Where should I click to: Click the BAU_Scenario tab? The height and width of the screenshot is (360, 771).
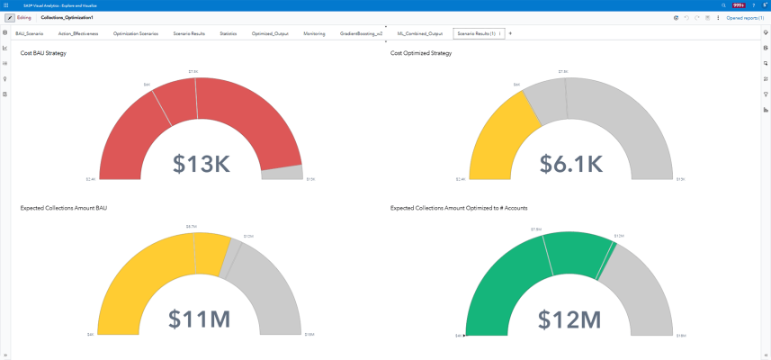pos(29,33)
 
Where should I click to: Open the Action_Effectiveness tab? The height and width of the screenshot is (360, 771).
pos(78,33)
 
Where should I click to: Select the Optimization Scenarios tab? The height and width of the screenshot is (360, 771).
pos(136,33)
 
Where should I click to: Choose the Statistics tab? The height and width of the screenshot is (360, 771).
pos(228,33)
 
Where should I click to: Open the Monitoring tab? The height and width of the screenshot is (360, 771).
pos(314,33)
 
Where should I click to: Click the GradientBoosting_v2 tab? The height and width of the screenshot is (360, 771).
pos(361,33)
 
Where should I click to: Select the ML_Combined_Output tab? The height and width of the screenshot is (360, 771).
pos(420,33)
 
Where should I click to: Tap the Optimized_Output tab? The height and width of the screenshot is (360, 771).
pos(270,33)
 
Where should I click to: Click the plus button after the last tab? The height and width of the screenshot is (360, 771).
pos(511,33)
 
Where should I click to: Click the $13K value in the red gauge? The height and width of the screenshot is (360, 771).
pos(202,163)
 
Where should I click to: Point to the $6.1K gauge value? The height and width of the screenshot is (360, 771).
pos(570,163)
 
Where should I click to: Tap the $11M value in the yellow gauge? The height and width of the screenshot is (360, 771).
pos(200,319)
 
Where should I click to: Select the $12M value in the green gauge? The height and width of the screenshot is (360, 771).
pos(569,319)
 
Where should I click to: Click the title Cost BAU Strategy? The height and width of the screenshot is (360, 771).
pos(43,53)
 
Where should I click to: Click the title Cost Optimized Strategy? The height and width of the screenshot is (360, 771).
pos(421,53)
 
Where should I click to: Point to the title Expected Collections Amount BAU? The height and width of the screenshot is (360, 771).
pos(64,208)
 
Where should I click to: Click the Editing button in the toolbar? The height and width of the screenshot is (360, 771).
pos(19,17)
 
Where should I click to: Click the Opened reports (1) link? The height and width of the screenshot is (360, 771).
pos(745,17)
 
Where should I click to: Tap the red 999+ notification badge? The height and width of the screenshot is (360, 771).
pos(739,5)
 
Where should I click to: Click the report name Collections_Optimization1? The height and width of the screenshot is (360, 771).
pos(67,17)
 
